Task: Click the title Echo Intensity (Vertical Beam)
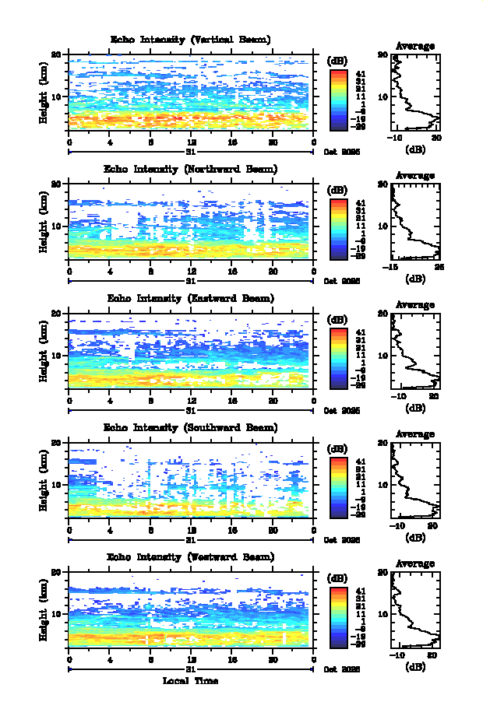tap(191, 40)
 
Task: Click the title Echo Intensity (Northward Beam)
tap(191, 169)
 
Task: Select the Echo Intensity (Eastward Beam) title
tap(191, 298)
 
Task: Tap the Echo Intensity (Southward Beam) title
tap(191, 427)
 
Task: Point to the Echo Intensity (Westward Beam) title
tap(191, 556)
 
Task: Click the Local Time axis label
tap(190, 681)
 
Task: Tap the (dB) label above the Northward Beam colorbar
tap(338, 189)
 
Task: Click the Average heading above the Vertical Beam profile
tap(415, 46)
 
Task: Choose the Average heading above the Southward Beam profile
tap(415, 433)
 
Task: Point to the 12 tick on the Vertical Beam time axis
tap(191, 142)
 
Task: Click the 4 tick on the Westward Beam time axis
tap(110, 658)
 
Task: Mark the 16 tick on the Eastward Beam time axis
tap(232, 400)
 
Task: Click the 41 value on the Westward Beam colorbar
tap(361, 591)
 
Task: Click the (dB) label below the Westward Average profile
tap(415, 666)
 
